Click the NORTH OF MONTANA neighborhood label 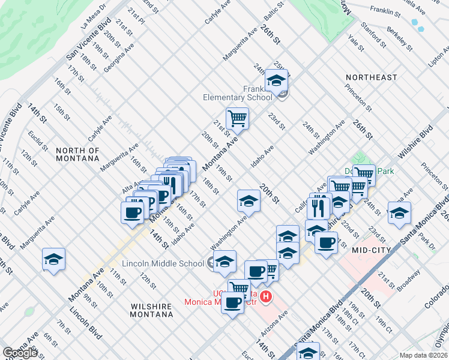(77, 154)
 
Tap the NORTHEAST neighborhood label (371, 77)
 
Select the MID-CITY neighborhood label (372, 250)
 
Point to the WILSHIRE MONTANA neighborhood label (151, 310)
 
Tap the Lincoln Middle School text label (163, 263)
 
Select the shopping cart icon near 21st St (237, 118)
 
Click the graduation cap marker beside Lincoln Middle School (225, 262)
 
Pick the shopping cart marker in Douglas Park (364, 175)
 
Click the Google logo (20, 353)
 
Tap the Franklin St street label (385, 11)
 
